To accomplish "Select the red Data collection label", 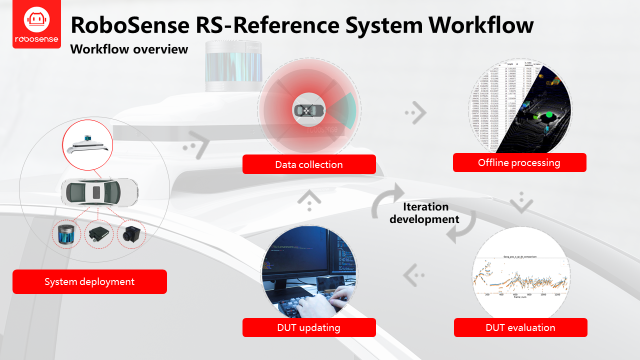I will pos(310,165).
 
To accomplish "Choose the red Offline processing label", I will pos(520,162).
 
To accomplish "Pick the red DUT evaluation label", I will pos(519,327).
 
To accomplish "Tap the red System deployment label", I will pos(89,283).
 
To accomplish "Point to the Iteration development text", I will pos(423,212).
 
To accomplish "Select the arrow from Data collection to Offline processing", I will pos(411,113).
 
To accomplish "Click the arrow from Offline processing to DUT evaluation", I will pos(518,203).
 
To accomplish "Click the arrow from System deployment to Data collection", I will pos(195,148).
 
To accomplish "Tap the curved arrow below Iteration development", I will pos(458,231).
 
